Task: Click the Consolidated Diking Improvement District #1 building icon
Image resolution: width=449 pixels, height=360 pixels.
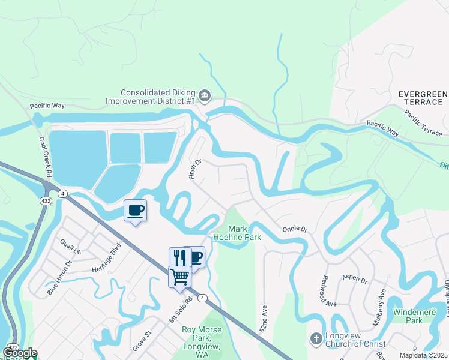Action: (x=204, y=96)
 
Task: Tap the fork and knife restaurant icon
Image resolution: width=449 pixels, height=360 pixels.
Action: (x=179, y=257)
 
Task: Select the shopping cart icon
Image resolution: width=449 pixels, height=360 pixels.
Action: (x=179, y=277)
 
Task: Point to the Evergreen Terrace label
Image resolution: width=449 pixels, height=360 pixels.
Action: (x=423, y=98)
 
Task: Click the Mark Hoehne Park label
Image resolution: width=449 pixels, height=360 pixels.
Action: (x=244, y=233)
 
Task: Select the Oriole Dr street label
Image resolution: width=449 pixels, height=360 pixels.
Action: (x=295, y=229)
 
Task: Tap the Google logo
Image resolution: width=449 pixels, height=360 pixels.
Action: (x=19, y=353)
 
